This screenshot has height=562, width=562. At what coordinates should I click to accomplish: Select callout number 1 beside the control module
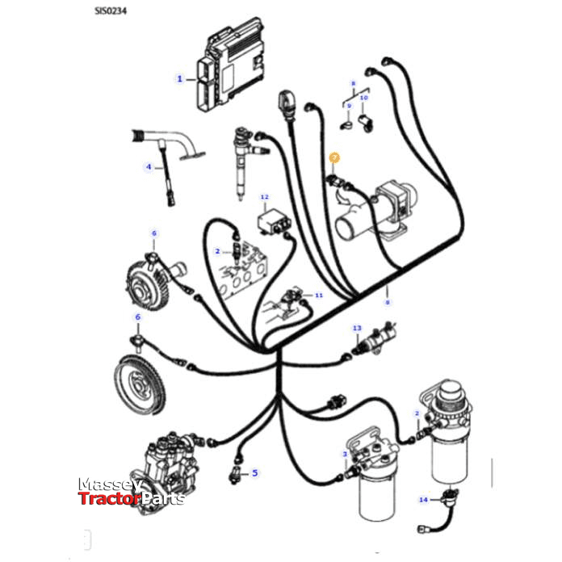pos(179,79)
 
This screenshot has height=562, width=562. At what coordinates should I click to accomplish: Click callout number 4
pos(149,167)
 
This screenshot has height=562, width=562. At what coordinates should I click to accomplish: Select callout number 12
pos(264,197)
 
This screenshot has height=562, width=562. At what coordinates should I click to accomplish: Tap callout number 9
pos(349,107)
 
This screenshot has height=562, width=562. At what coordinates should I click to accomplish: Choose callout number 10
pos(363,97)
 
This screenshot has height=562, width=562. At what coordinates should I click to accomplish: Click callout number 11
pos(318,296)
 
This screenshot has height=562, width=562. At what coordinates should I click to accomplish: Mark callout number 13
pos(357,328)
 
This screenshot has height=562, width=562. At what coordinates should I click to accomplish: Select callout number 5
pos(254,472)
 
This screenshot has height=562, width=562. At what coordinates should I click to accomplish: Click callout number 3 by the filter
pos(345,455)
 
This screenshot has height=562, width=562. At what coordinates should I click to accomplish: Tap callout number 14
pos(422,501)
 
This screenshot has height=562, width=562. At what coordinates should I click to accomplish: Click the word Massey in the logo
pos(111,484)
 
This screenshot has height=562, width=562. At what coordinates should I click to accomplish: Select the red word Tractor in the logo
pos(108,499)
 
